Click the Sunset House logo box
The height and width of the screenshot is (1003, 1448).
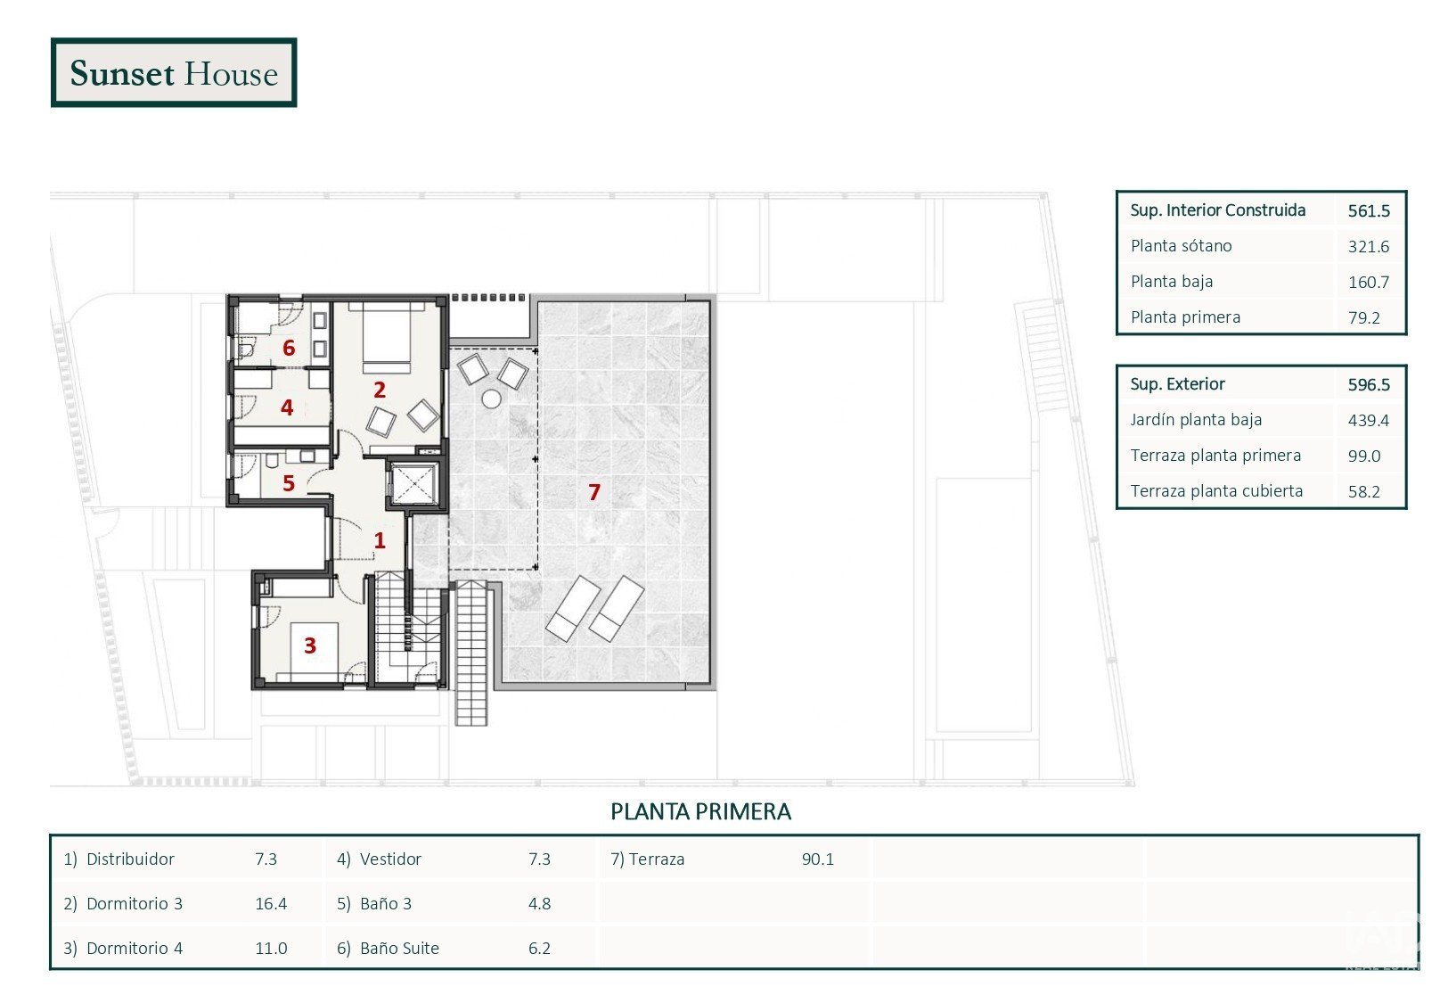click(x=173, y=72)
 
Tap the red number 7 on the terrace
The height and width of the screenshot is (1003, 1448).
click(x=594, y=492)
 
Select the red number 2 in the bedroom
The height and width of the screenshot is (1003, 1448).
click(x=380, y=390)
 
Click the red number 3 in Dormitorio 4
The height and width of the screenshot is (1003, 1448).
click(x=310, y=645)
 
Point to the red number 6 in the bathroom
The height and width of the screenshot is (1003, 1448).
click(x=289, y=348)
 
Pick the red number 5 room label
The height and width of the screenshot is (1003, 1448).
click(x=289, y=483)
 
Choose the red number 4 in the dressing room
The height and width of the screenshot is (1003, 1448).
click(x=287, y=407)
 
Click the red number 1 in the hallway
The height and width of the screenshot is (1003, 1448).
click(x=380, y=540)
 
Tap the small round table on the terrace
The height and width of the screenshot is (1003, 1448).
click(x=491, y=399)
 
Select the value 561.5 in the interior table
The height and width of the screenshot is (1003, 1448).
click(x=1369, y=210)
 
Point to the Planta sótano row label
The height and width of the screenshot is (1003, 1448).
click(x=1181, y=246)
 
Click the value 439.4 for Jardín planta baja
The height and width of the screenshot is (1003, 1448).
click(x=1369, y=420)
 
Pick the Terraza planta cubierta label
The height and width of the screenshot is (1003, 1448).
click(x=1216, y=491)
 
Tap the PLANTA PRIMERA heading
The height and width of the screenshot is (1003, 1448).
click(x=700, y=811)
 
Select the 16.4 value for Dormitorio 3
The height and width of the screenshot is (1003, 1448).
click(x=271, y=903)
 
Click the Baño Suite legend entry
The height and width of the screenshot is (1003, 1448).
click(x=388, y=948)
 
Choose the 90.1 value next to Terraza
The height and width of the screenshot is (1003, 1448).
click(x=818, y=859)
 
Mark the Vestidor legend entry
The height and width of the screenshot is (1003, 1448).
click(x=379, y=859)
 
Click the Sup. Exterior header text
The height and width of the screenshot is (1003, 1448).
click(x=1177, y=384)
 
